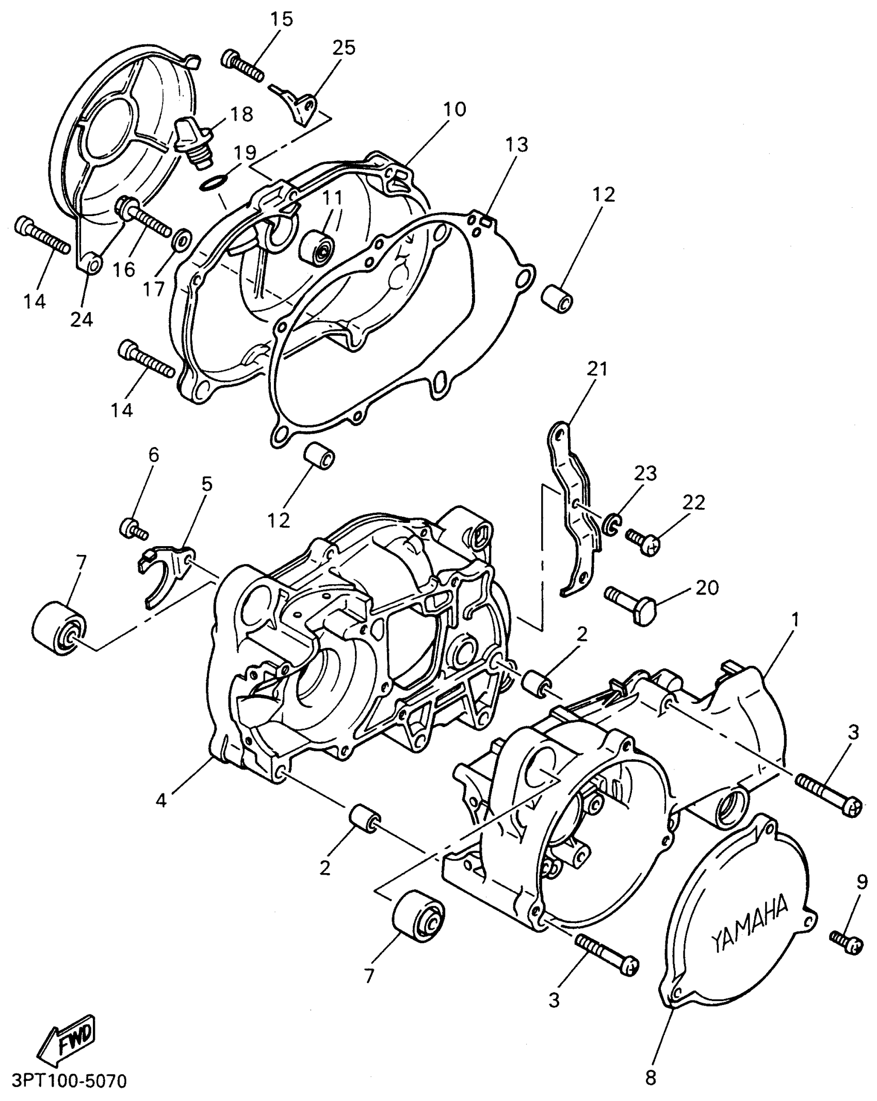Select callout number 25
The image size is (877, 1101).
[x=344, y=47]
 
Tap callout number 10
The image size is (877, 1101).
[x=454, y=109]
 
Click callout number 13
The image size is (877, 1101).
[x=517, y=145]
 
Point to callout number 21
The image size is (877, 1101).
[x=597, y=369]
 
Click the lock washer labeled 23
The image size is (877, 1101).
[x=611, y=523]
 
